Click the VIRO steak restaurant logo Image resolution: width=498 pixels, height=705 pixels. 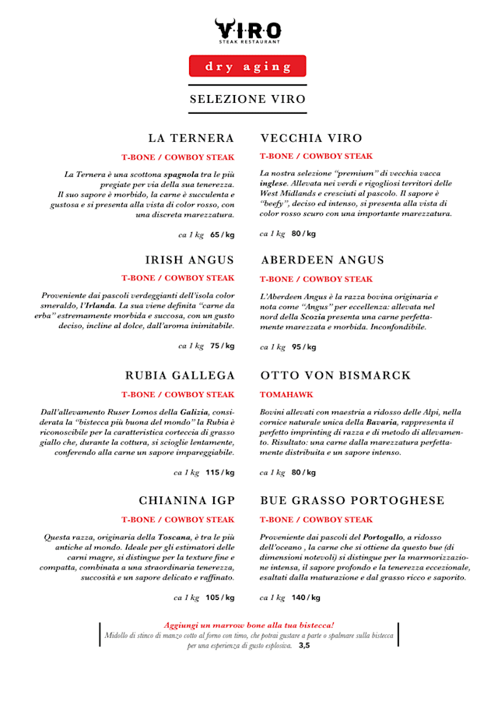click(248, 30)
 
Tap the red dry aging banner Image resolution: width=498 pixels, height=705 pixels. click(248, 66)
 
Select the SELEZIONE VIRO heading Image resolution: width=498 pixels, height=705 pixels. click(248, 100)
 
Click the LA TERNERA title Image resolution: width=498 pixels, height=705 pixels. click(191, 139)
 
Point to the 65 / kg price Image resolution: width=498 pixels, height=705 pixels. click(222, 234)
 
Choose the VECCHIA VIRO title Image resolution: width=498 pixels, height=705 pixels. click(311, 139)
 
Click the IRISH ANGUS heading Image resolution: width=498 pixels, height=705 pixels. click(190, 260)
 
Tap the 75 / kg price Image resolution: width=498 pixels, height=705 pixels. click(222, 346)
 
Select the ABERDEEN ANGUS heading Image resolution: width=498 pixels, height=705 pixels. click(322, 260)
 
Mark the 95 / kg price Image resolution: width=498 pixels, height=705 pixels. click(303, 347)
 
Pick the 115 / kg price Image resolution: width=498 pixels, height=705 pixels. click(220, 472)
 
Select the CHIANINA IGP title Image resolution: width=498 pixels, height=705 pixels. click(187, 501)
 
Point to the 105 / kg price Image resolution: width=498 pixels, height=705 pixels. click(220, 597)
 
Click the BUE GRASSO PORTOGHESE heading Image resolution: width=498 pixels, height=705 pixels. click(352, 501)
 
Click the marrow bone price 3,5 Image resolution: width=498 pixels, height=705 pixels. click(304, 645)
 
